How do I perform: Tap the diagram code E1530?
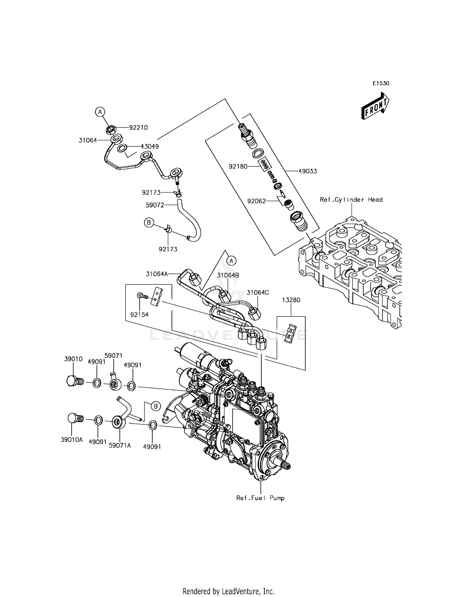click(x=381, y=83)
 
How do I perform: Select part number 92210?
click(x=138, y=127)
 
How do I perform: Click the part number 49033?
click(x=307, y=171)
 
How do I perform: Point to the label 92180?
click(x=238, y=166)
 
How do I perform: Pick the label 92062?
click(x=257, y=201)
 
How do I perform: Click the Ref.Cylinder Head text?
click(x=351, y=200)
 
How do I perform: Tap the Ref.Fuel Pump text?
click(x=260, y=498)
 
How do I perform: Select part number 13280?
click(x=291, y=300)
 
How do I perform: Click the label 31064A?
click(x=157, y=274)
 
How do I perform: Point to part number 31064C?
click(x=258, y=292)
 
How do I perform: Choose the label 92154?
click(x=139, y=315)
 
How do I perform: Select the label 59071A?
click(x=120, y=445)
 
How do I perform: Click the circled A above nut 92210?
click(x=100, y=112)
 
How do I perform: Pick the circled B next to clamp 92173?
click(x=149, y=223)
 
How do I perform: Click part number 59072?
click(x=155, y=205)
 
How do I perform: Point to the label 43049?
click(x=150, y=146)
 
